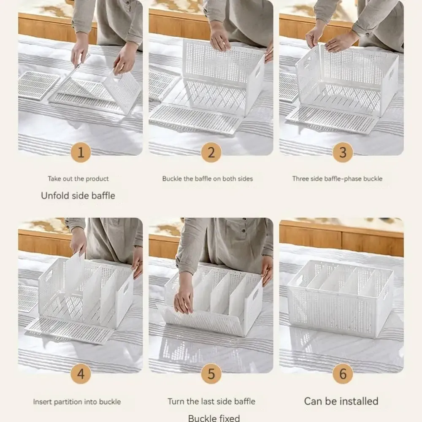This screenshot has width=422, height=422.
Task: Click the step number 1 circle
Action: click(x=81, y=153)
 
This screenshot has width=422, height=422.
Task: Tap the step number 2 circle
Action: click(x=211, y=153)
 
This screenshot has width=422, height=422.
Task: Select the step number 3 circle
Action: click(x=343, y=153)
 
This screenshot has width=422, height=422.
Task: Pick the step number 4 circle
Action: click(x=81, y=373)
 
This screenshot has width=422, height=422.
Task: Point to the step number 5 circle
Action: click(x=211, y=373)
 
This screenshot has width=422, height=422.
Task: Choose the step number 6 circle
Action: click(x=343, y=373)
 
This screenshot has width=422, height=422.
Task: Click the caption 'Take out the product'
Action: click(x=78, y=179)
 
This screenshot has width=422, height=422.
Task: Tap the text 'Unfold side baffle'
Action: click(x=78, y=196)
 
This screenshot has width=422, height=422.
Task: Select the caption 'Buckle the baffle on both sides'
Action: click(x=208, y=179)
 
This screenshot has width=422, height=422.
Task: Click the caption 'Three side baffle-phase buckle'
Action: click(x=337, y=179)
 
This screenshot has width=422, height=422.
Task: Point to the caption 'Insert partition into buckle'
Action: click(x=77, y=402)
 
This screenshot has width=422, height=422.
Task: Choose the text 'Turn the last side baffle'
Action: click(x=211, y=402)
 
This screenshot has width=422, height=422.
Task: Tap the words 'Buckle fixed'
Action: click(x=214, y=418)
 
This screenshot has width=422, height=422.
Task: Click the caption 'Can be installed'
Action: click(x=341, y=401)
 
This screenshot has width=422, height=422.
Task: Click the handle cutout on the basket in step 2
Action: click(x=257, y=72)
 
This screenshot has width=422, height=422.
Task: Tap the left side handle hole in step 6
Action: click(x=299, y=280)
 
